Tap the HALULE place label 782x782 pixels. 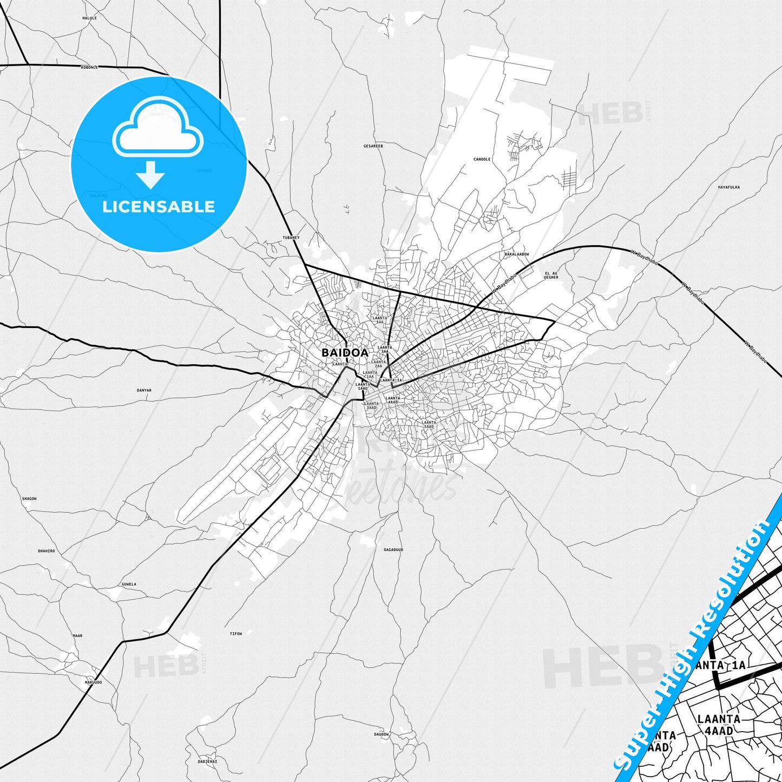(89, 18)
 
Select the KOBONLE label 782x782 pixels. (89, 68)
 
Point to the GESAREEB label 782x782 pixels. (373, 146)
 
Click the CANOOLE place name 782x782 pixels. (482, 160)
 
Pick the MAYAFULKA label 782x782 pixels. (729, 187)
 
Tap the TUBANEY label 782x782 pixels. (291, 238)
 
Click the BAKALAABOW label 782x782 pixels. (516, 254)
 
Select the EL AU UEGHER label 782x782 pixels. (551, 275)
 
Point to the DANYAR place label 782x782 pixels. (144, 390)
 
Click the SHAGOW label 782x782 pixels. (29, 498)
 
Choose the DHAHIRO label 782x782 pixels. (46, 551)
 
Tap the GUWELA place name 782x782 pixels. (129, 584)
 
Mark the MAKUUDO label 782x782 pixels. (93, 682)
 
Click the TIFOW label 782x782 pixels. (236, 634)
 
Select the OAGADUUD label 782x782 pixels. (393, 550)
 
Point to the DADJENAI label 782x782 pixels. (207, 761)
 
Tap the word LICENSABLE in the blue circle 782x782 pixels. (159, 207)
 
